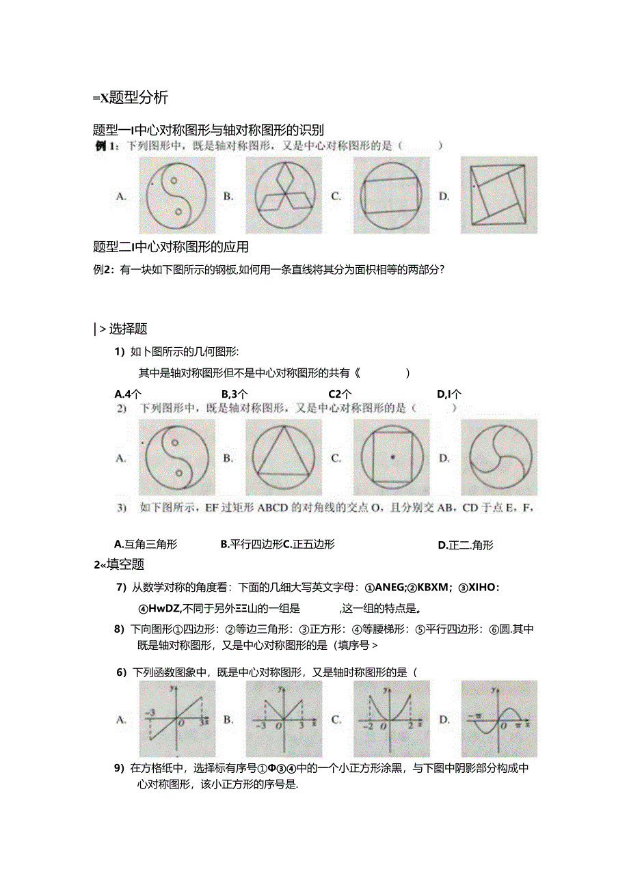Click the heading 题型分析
[130, 97]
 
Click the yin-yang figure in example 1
[176, 195]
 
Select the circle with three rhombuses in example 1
[284, 195]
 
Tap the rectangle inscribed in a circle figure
[391, 195]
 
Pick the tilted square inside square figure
[499, 195]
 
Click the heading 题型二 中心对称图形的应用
[171, 247]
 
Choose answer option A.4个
[129, 394]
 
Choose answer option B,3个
[235, 394]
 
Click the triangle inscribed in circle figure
[284, 457]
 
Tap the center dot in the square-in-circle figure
[392, 457]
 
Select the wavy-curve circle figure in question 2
[499, 457]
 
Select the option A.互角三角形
[146, 545]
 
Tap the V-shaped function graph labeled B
[284, 719]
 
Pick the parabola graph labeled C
[391, 719]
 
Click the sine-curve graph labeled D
[499, 719]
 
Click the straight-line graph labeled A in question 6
[176, 719]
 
